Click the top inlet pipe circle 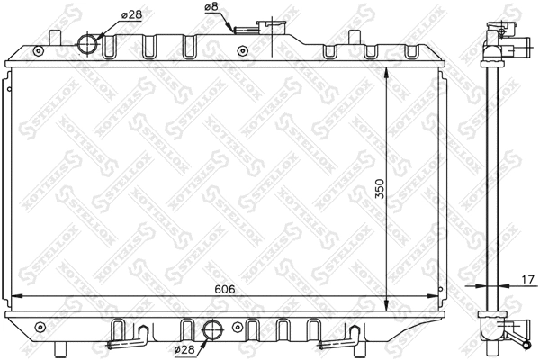click(x=89, y=42)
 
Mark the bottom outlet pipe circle click(x=213, y=329)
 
